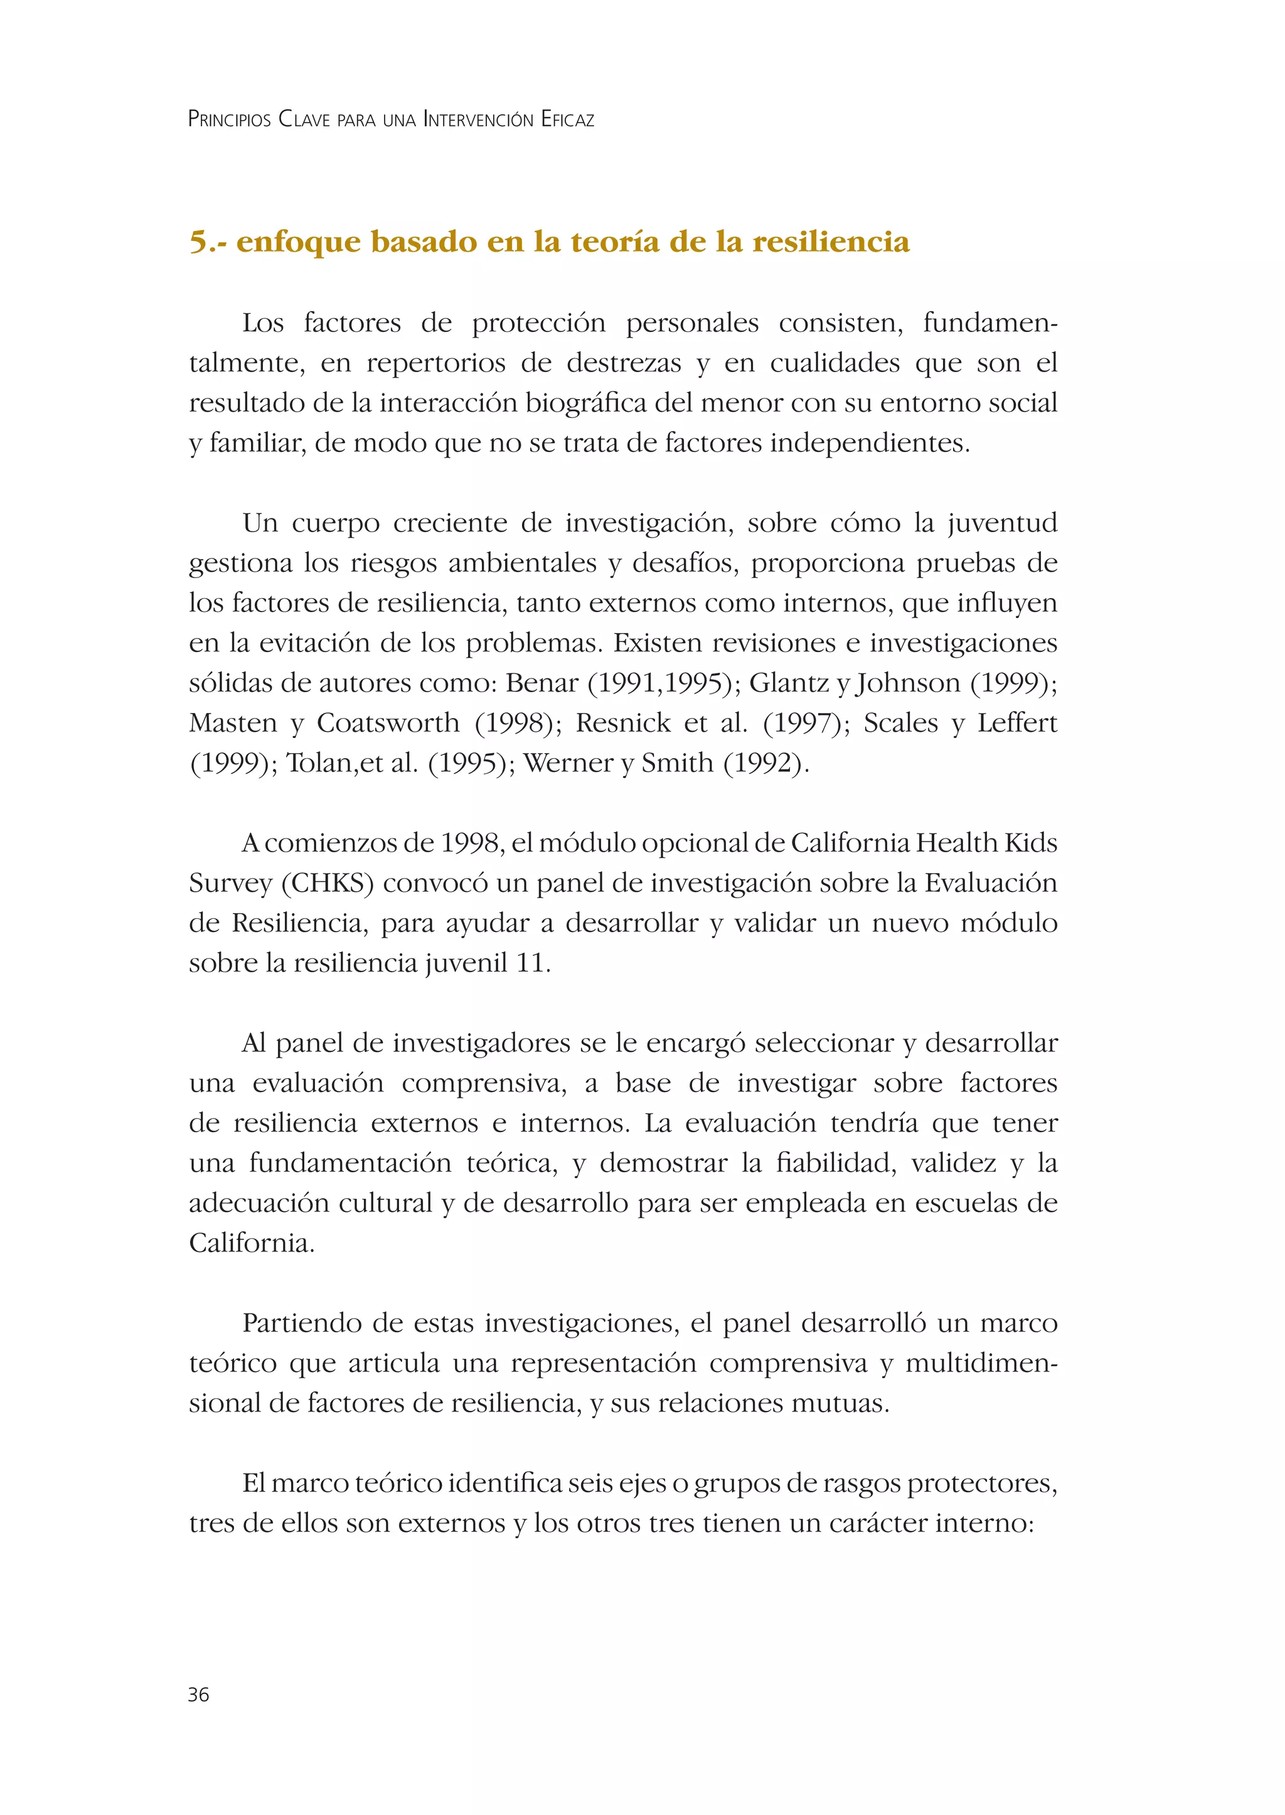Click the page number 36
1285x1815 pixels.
click(x=199, y=1695)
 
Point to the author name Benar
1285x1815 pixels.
click(x=542, y=683)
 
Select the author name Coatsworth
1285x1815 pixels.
click(x=388, y=723)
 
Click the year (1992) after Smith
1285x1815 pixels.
click(x=765, y=763)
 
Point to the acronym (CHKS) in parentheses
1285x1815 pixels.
click(x=327, y=884)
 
